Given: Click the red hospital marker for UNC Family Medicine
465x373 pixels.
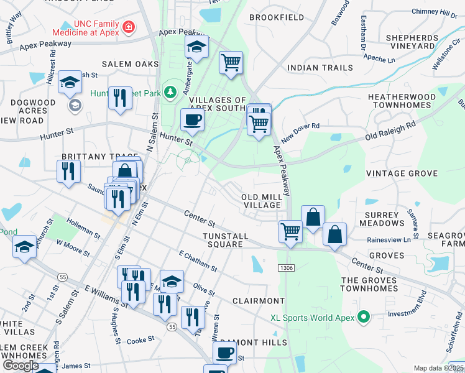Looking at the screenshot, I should click(128, 27).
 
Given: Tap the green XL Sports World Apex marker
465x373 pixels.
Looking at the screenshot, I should click(365, 318).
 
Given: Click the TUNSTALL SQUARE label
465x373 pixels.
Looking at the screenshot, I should click(225, 240).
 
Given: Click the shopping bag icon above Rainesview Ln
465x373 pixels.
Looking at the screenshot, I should click(334, 234).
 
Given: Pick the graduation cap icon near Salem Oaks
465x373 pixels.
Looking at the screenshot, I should click(70, 81).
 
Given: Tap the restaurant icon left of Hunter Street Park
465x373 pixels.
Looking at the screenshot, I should click(120, 98).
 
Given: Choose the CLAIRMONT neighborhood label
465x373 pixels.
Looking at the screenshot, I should click(258, 300).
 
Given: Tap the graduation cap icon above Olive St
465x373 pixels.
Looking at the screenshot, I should click(172, 281).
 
